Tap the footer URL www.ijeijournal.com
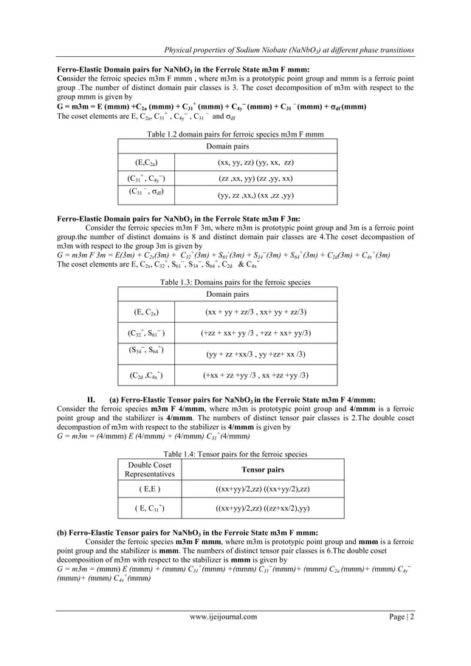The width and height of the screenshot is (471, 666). [224, 617]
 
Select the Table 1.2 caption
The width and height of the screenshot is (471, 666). [235, 134]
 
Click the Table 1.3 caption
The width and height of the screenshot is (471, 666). [235, 283]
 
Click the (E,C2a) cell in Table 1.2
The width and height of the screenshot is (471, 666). [145, 162]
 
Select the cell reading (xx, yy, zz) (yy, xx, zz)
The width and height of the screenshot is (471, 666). [255, 162]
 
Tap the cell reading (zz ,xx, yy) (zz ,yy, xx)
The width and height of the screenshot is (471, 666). [255, 179]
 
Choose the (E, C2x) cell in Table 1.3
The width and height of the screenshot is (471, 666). [145, 312]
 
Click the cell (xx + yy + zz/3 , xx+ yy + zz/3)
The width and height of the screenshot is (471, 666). [255, 312]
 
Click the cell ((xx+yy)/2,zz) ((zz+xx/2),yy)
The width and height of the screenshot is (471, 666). [262, 509]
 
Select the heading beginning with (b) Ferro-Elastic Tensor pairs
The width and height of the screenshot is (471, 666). [188, 532]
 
